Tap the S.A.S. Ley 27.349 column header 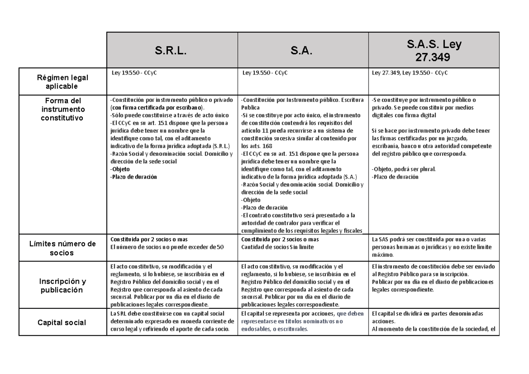pos(434,50)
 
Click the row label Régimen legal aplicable pos(63,81)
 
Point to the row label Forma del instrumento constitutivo pos(63,109)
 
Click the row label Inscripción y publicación pos(63,285)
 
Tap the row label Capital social pos(63,323)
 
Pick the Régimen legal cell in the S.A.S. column pos(410,74)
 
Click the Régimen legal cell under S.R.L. pos(132,74)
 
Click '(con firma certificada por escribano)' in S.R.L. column pos(157,108)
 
